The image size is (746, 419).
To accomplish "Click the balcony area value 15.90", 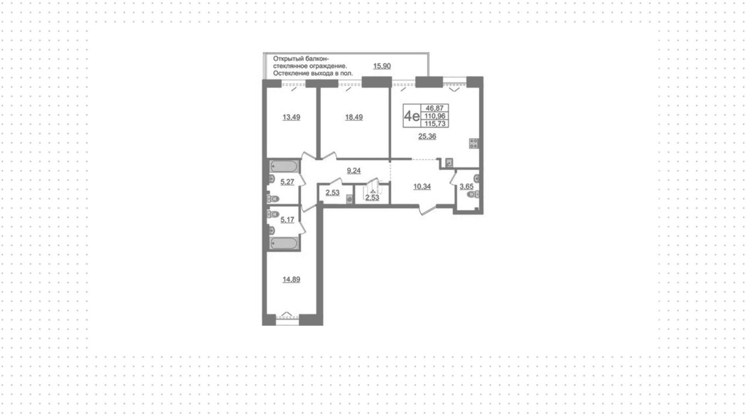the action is (382, 66).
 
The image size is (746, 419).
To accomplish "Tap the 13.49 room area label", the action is (291, 117).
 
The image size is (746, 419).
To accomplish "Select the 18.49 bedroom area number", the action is (354, 117).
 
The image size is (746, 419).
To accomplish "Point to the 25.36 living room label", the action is (427, 136).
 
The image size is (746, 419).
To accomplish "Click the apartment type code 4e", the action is (412, 116).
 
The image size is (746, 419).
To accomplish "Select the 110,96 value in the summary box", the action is (436, 116).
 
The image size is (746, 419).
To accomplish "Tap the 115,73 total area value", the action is (436, 124).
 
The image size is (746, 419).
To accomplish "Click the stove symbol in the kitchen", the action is (474, 143).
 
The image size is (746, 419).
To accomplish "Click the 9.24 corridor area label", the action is (354, 171).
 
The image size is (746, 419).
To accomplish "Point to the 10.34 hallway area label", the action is (422, 187).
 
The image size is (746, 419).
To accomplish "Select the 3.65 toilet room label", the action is (466, 187).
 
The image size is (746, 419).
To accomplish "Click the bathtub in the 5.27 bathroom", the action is (284, 167).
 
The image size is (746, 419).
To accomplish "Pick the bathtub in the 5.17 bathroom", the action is (284, 244).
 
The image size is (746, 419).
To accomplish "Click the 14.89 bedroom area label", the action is (291, 279).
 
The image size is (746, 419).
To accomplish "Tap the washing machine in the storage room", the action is (349, 199).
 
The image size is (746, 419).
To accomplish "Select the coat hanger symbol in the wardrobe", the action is (372, 192).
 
